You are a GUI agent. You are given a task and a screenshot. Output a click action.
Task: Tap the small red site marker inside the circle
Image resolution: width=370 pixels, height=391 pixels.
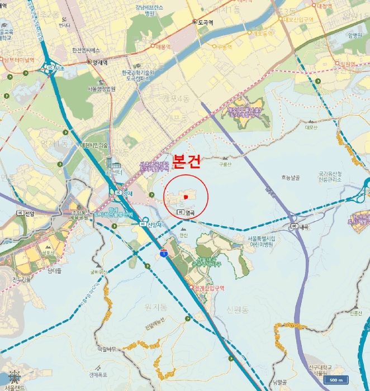(185, 197)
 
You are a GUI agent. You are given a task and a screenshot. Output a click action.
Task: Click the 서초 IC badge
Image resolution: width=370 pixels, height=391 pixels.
(53, 68)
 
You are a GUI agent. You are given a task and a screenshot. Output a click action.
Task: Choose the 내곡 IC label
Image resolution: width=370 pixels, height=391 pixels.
(302, 226)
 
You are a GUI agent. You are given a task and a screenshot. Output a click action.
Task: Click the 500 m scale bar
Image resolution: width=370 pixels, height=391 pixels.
(335, 380)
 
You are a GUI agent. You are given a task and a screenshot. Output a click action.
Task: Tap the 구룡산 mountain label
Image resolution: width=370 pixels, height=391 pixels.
(225, 164)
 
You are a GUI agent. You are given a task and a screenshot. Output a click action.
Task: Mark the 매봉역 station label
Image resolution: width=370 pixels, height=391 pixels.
(165, 47)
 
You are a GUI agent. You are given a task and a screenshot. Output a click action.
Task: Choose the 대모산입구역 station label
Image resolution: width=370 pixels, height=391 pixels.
(299, 20)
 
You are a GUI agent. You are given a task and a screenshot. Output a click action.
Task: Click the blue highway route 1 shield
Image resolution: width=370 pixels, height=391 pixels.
(164, 253)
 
